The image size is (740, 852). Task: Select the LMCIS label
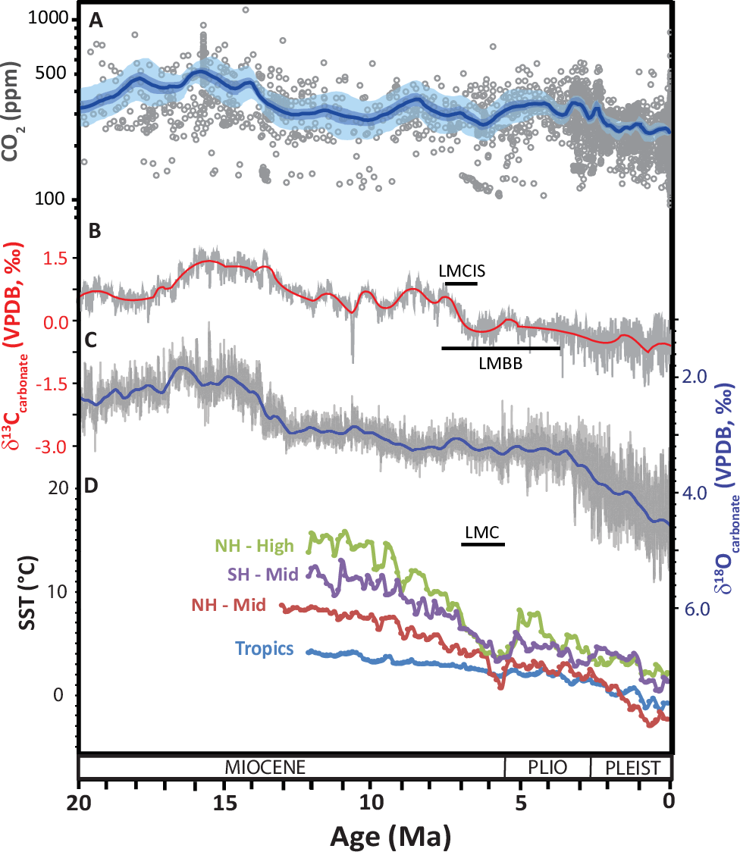461,271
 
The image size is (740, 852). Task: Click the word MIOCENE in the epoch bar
265,766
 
